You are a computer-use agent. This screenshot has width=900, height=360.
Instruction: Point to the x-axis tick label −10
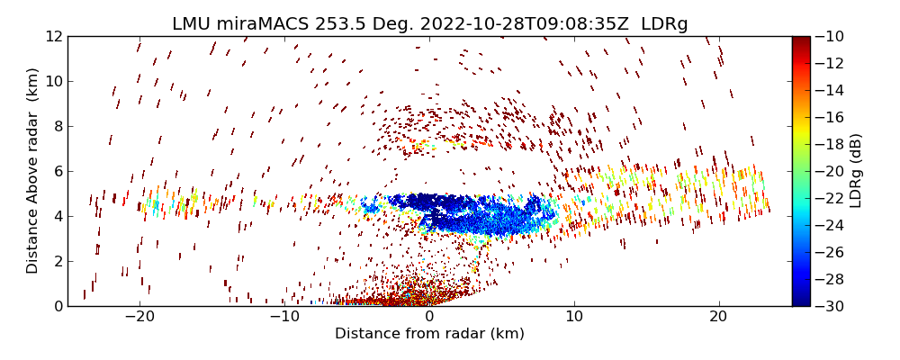tap(284, 317)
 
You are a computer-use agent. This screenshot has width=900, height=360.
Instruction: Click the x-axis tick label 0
tap(429, 317)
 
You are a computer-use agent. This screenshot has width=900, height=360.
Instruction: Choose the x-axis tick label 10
tap(574, 317)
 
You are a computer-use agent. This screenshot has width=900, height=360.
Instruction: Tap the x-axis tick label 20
tap(719, 317)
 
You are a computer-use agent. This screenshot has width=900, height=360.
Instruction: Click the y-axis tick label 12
tap(53, 37)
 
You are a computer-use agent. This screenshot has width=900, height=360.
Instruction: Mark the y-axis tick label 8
tap(57, 127)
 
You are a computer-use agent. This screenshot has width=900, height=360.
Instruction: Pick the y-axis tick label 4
tap(57, 216)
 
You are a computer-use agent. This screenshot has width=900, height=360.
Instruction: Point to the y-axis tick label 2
tap(57, 261)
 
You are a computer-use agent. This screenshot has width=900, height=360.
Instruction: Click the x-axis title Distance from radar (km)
tap(429, 334)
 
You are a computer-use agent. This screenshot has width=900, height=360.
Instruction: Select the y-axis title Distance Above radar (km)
tap(33, 171)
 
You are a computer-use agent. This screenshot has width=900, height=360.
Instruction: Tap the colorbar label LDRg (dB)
tap(856, 171)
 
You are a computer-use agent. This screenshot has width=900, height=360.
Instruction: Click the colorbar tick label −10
tap(832, 37)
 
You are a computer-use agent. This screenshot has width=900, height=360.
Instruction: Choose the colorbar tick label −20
tap(832, 171)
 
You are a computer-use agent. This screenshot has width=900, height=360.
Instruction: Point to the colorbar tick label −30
tap(832, 306)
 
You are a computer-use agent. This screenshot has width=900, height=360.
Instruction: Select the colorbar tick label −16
tap(832, 117)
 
